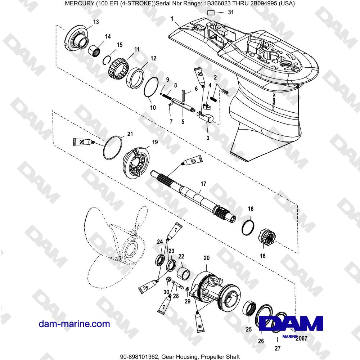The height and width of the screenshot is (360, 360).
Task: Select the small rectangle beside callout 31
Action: [x=211, y=13]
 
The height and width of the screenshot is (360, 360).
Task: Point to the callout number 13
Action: [x=95, y=22]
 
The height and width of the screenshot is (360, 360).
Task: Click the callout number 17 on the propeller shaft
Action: [x=203, y=184]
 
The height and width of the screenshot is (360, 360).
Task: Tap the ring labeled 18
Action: [x=248, y=227]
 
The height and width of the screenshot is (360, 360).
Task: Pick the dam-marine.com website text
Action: [x=74, y=324]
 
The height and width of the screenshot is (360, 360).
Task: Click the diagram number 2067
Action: [x=300, y=338]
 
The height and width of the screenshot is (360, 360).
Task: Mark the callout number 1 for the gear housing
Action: [x=172, y=18]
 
